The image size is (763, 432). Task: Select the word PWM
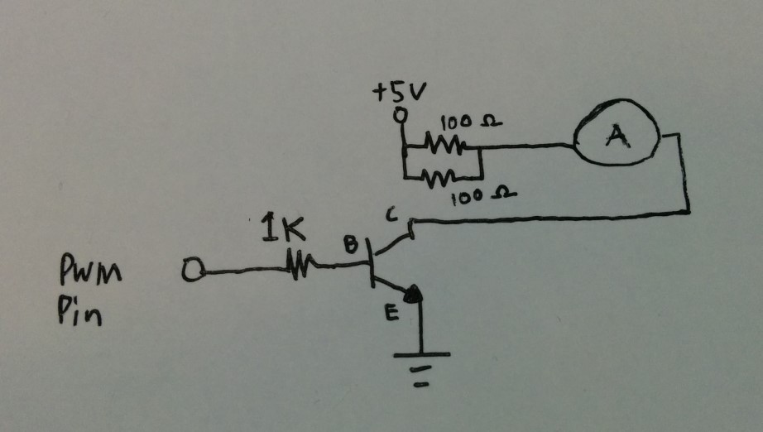pyautogui.click(x=89, y=270)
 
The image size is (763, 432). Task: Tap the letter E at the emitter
pyautogui.click(x=391, y=314)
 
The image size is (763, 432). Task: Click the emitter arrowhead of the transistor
pyautogui.click(x=414, y=294)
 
